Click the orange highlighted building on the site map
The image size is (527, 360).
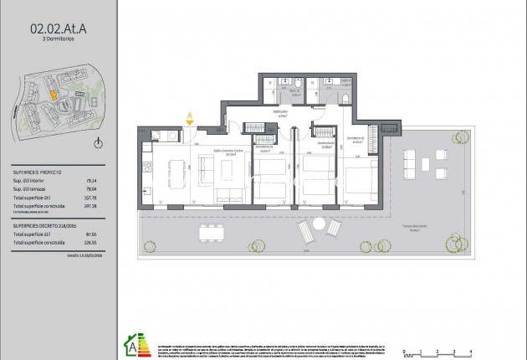52,95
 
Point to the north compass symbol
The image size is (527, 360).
99,144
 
